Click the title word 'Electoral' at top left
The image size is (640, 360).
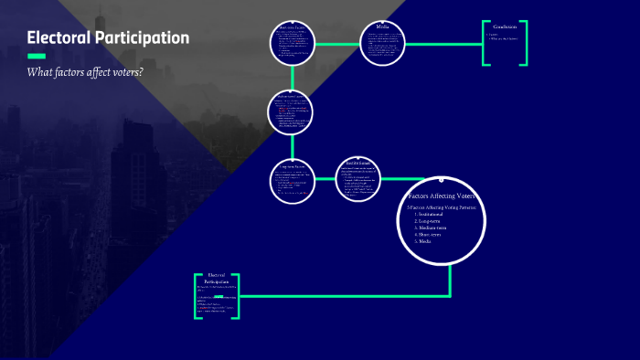59,38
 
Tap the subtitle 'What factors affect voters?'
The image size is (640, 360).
85,72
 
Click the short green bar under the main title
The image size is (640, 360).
37,56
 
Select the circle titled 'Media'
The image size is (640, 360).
382,44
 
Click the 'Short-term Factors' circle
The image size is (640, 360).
293,44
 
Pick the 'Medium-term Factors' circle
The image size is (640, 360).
293,111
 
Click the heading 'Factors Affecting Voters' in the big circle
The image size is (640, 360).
442,196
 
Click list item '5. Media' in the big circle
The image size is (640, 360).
424,241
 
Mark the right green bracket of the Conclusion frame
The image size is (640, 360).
524,43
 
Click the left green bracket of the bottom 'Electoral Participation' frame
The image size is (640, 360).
197,296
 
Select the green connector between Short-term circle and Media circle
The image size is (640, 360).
337,44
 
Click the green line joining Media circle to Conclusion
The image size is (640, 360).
443,44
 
